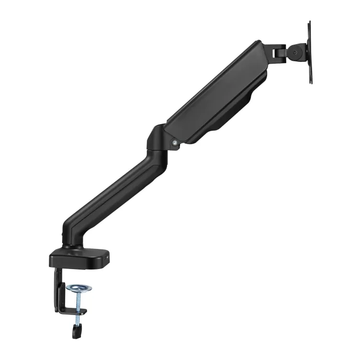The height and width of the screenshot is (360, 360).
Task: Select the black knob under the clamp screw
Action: click(76, 329)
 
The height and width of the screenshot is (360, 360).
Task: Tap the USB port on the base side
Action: click(109, 258)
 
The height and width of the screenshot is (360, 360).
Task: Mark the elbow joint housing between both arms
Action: click(158, 139)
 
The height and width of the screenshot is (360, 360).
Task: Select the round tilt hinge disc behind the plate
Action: click(296, 53)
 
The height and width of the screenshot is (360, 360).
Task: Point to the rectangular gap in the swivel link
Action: click(278, 51)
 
